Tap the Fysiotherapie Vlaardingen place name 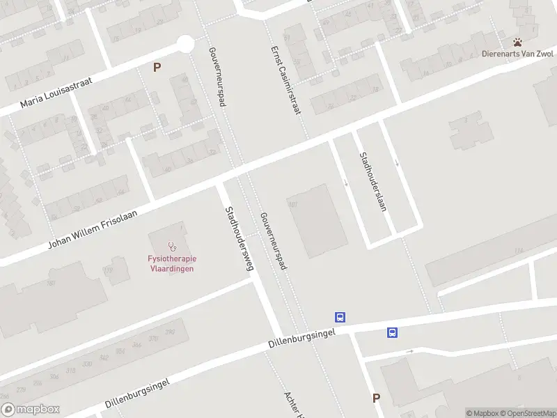tap(171, 264)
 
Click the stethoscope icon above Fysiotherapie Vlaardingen tap(171, 246)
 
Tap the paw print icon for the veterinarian tap(518, 42)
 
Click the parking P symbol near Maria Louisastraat tap(157, 68)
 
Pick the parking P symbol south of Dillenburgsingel tap(376, 398)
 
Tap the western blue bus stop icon tap(340, 317)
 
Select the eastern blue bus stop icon tap(393, 333)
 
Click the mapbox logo tap(31, 410)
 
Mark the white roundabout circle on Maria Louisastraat tap(185, 44)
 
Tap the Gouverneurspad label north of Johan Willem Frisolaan tap(218, 77)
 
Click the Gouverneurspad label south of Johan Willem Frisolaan tap(273, 240)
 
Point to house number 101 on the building tap(293, 204)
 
